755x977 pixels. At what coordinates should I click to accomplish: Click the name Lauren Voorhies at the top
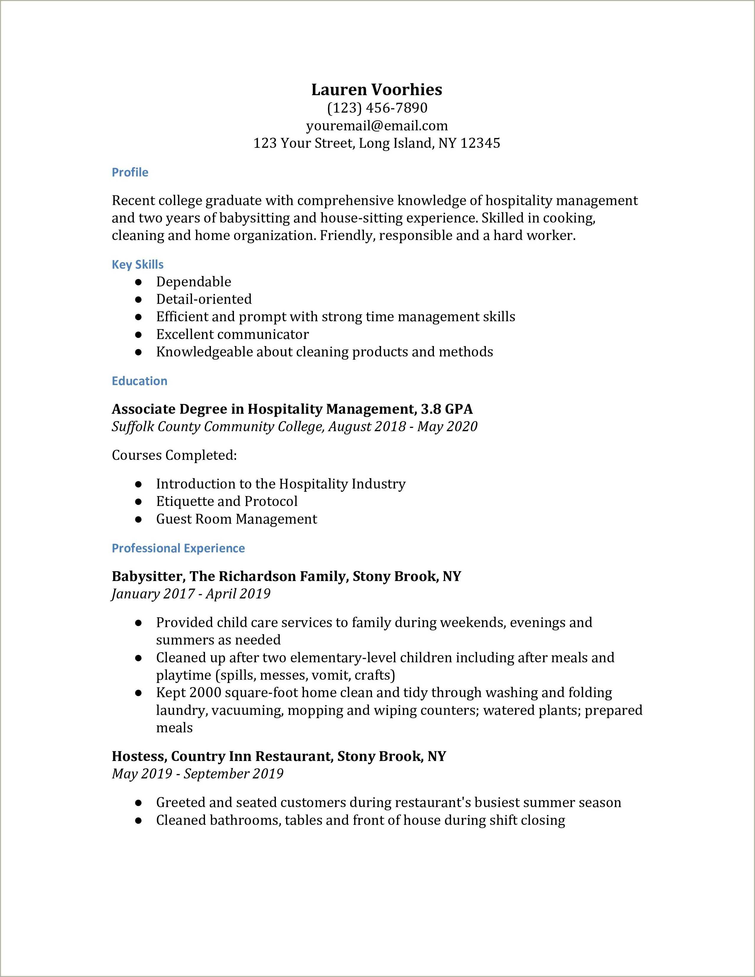click(x=377, y=90)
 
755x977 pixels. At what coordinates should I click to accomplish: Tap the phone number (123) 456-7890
click(x=377, y=108)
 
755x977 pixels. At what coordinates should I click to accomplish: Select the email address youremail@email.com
click(x=377, y=126)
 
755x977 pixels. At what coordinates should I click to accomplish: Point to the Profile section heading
click(x=130, y=172)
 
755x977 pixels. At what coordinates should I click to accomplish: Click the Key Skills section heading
click(x=137, y=264)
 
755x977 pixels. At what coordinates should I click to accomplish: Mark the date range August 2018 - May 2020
click(x=403, y=426)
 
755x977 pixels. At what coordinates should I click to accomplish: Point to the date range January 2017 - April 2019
click(x=191, y=594)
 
